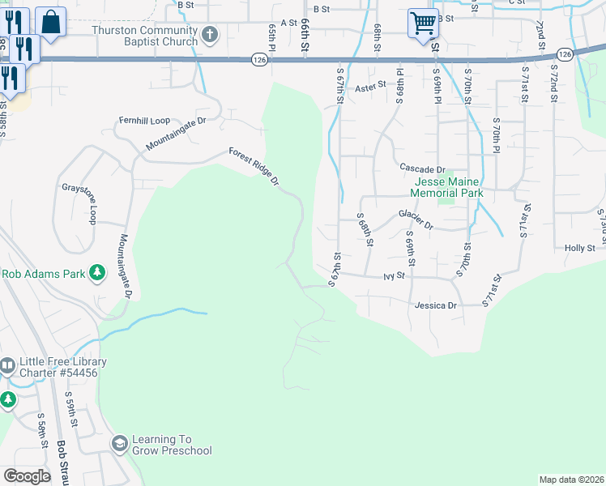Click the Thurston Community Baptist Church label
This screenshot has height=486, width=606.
(156, 36)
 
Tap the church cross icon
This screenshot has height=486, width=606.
(210, 35)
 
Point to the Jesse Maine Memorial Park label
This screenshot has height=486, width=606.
(446, 188)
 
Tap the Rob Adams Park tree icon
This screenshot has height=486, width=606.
(97, 273)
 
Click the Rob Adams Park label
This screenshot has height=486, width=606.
(43, 274)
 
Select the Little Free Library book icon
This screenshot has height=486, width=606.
(7, 366)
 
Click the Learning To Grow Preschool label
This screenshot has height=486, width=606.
(172, 445)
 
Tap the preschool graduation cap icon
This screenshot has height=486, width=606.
(120, 444)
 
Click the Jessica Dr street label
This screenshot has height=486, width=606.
(436, 306)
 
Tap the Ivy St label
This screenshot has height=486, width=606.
(394, 276)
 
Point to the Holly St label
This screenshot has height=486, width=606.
(580, 248)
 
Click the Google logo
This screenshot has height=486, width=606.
(27, 476)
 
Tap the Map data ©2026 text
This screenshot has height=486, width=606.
(571, 480)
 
